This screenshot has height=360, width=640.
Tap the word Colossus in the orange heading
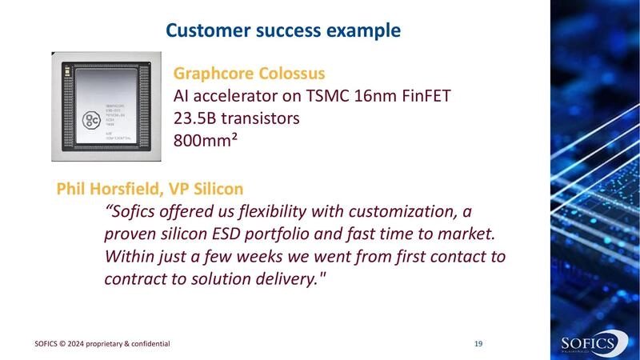[289, 74]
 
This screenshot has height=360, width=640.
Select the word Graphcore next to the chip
[211, 74]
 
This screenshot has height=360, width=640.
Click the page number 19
[478, 344]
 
